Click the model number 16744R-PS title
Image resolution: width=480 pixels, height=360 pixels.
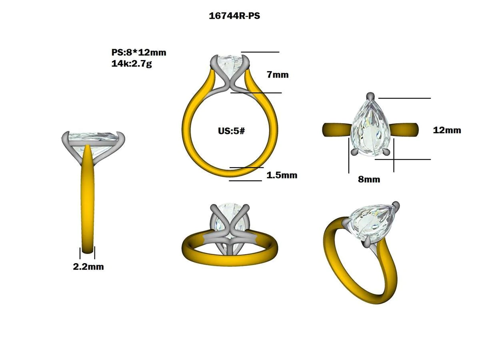tap(234, 16)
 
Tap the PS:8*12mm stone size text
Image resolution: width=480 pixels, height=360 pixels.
tap(138, 52)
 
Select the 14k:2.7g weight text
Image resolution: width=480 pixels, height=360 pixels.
tap(132, 63)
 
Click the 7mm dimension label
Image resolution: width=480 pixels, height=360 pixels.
tap(277, 75)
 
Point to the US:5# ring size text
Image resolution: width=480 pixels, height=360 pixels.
tap(231, 131)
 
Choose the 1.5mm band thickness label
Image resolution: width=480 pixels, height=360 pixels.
tap(282, 175)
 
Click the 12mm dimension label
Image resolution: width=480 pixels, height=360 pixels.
tap(447, 130)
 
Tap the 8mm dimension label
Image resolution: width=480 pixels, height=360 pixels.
tap(369, 180)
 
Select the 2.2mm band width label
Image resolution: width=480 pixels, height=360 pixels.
tap(88, 267)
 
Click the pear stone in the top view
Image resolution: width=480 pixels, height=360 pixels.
tap(370, 128)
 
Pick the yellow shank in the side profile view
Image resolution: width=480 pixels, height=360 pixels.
tap(88, 200)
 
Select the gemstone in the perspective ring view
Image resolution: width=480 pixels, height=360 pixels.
tap(372, 222)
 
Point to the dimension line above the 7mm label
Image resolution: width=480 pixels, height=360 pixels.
tap(260, 52)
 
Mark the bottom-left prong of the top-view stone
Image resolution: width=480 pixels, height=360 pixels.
tap(354, 152)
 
